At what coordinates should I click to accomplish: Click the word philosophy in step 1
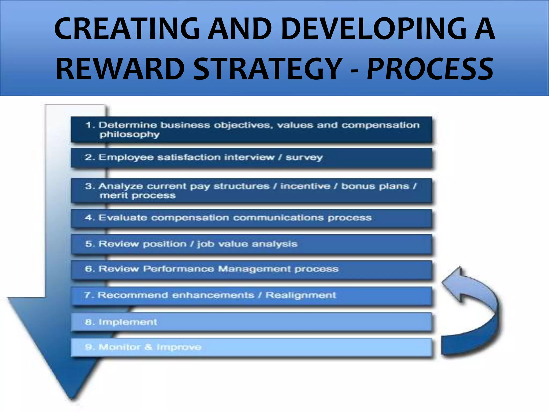pyautogui.click(x=129, y=134)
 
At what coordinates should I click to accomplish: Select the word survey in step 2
pyautogui.click(x=304, y=157)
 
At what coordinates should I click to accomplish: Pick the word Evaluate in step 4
pyautogui.click(x=123, y=218)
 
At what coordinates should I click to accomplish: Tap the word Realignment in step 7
pyautogui.click(x=301, y=295)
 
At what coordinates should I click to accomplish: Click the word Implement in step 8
pyautogui.click(x=128, y=322)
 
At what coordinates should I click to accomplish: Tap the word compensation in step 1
pyautogui.click(x=380, y=125)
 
